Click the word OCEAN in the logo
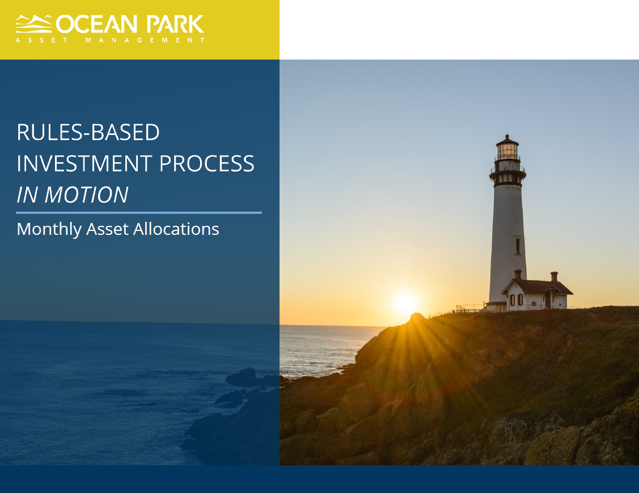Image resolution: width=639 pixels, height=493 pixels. click(96, 24)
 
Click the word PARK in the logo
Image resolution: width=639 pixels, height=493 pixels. click(175, 24)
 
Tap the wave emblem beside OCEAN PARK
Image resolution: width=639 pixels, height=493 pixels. click(34, 24)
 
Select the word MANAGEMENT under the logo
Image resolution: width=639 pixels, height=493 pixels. click(145, 40)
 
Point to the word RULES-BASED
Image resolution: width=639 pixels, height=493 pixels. click(88, 132)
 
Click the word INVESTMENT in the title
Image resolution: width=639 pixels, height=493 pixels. click(84, 163)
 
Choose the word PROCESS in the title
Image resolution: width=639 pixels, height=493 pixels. click(206, 163)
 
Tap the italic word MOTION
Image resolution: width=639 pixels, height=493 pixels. click(86, 195)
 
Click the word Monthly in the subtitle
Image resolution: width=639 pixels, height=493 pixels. click(49, 229)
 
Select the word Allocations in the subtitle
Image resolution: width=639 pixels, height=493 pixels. click(176, 229)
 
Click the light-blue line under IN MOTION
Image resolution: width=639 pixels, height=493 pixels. click(138, 212)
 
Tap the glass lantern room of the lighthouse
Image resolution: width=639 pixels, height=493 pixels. click(507, 151)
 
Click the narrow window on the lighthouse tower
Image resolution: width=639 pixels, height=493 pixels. click(518, 246)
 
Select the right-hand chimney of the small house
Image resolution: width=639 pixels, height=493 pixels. click(555, 277)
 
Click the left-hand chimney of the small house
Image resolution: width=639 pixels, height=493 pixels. click(518, 275)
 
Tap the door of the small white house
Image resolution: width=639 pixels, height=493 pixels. click(548, 300)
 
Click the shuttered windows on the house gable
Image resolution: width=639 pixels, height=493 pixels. click(516, 300)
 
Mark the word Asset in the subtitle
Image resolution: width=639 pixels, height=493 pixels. click(108, 229)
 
